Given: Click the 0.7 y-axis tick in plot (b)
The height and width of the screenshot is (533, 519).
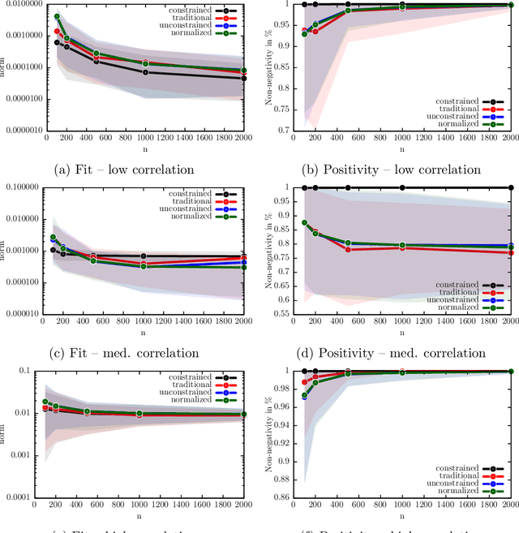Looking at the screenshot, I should [283, 130].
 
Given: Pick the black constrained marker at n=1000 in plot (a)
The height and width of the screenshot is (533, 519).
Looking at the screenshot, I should [145, 72].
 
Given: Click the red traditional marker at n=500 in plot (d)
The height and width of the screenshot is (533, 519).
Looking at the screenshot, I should [348, 249].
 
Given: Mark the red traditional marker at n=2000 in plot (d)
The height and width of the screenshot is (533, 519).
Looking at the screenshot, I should [510, 252].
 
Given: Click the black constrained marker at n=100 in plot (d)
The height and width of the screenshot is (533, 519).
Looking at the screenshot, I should [304, 187].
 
